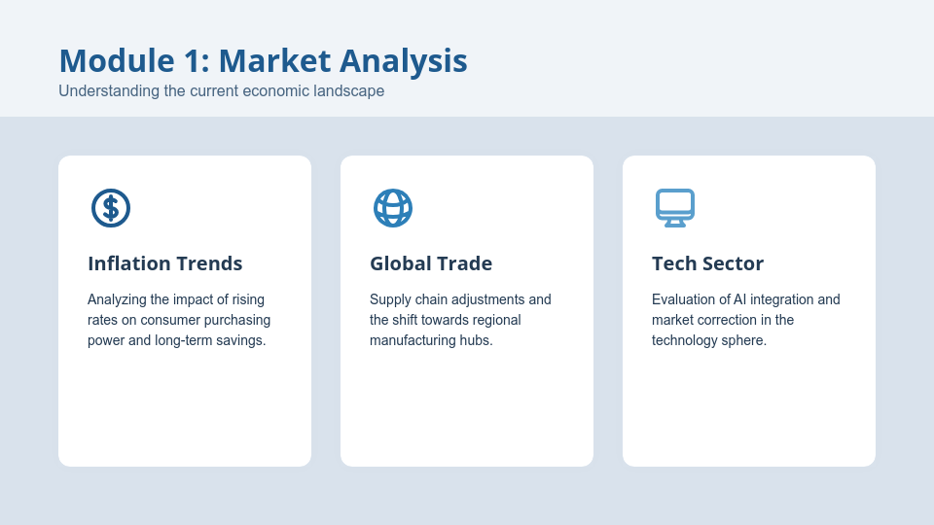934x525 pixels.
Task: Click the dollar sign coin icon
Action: coord(111,208)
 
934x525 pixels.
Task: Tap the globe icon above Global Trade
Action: coord(393,208)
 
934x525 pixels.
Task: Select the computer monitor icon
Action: coord(675,208)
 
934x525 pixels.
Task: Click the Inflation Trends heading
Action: coord(165,263)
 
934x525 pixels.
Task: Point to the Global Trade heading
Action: coord(431,263)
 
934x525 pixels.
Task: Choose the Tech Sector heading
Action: coord(707,263)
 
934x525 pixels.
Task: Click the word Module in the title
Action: coord(117,60)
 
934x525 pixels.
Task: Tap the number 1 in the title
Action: coord(196,60)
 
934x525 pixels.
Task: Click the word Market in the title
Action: coord(274,60)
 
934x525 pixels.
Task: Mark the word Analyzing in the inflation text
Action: coord(117,299)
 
